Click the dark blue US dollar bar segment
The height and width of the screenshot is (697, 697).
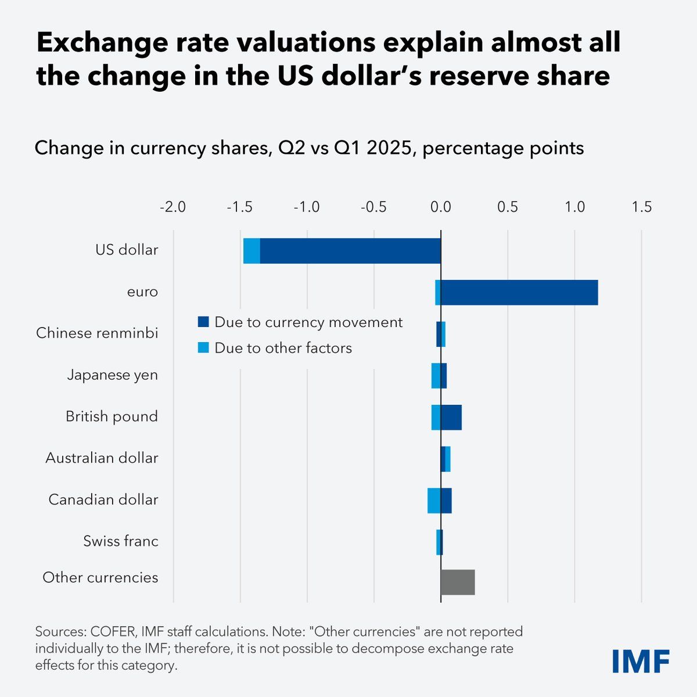(x=350, y=251)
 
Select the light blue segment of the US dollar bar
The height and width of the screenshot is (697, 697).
(x=252, y=251)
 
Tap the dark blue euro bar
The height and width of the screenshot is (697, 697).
(x=519, y=292)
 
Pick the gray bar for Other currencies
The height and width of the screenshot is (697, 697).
(x=458, y=583)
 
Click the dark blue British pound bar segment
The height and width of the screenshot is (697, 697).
(x=451, y=417)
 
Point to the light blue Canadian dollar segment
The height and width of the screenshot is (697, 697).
(x=433, y=501)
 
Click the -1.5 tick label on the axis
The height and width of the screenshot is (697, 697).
(x=240, y=207)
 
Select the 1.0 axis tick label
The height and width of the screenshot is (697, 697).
(x=575, y=207)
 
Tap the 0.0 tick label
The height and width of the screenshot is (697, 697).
(x=441, y=207)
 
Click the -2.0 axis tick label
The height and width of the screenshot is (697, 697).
(x=173, y=207)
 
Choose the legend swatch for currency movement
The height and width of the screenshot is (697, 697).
(x=203, y=322)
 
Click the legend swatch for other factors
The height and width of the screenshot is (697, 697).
(x=203, y=348)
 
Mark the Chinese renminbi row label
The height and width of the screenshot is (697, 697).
(x=97, y=333)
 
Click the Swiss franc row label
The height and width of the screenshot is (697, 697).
(x=121, y=541)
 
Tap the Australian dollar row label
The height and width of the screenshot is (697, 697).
(x=102, y=458)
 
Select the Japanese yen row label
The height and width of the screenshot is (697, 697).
(x=112, y=375)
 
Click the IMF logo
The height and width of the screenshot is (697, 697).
(x=641, y=661)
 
